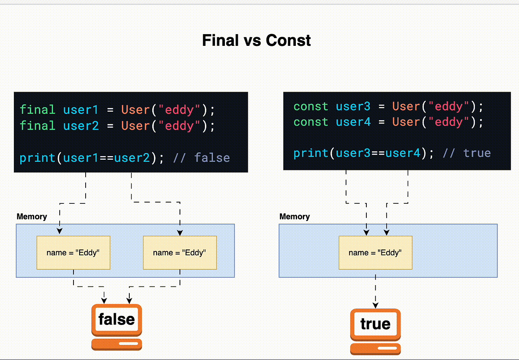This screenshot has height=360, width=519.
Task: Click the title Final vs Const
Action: coord(256,41)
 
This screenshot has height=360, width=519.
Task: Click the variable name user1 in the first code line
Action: coord(81,110)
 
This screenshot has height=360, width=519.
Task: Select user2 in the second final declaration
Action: coord(81,126)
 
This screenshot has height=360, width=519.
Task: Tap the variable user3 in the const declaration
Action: coord(353,106)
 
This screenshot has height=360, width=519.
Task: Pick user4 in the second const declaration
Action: coord(353,122)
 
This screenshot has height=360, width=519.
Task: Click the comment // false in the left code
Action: coord(201,158)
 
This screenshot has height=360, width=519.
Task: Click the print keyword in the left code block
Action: coord(37,158)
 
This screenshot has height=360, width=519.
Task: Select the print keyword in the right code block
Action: coord(311,153)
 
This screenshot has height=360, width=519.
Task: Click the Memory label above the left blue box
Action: coord(32,216)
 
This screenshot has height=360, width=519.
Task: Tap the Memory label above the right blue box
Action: coord(295,216)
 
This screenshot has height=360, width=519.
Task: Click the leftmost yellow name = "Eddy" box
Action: coord(73,253)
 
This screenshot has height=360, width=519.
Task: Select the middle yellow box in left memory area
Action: coord(179,253)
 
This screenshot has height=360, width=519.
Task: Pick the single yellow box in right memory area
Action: coord(375,253)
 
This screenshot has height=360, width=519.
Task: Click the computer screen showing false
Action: coord(116,320)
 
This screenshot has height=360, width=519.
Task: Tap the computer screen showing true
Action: coord(375,324)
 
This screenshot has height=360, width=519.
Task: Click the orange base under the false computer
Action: coord(116,344)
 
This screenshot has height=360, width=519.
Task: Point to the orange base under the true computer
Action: coord(375,349)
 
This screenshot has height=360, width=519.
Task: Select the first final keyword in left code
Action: coord(37,110)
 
